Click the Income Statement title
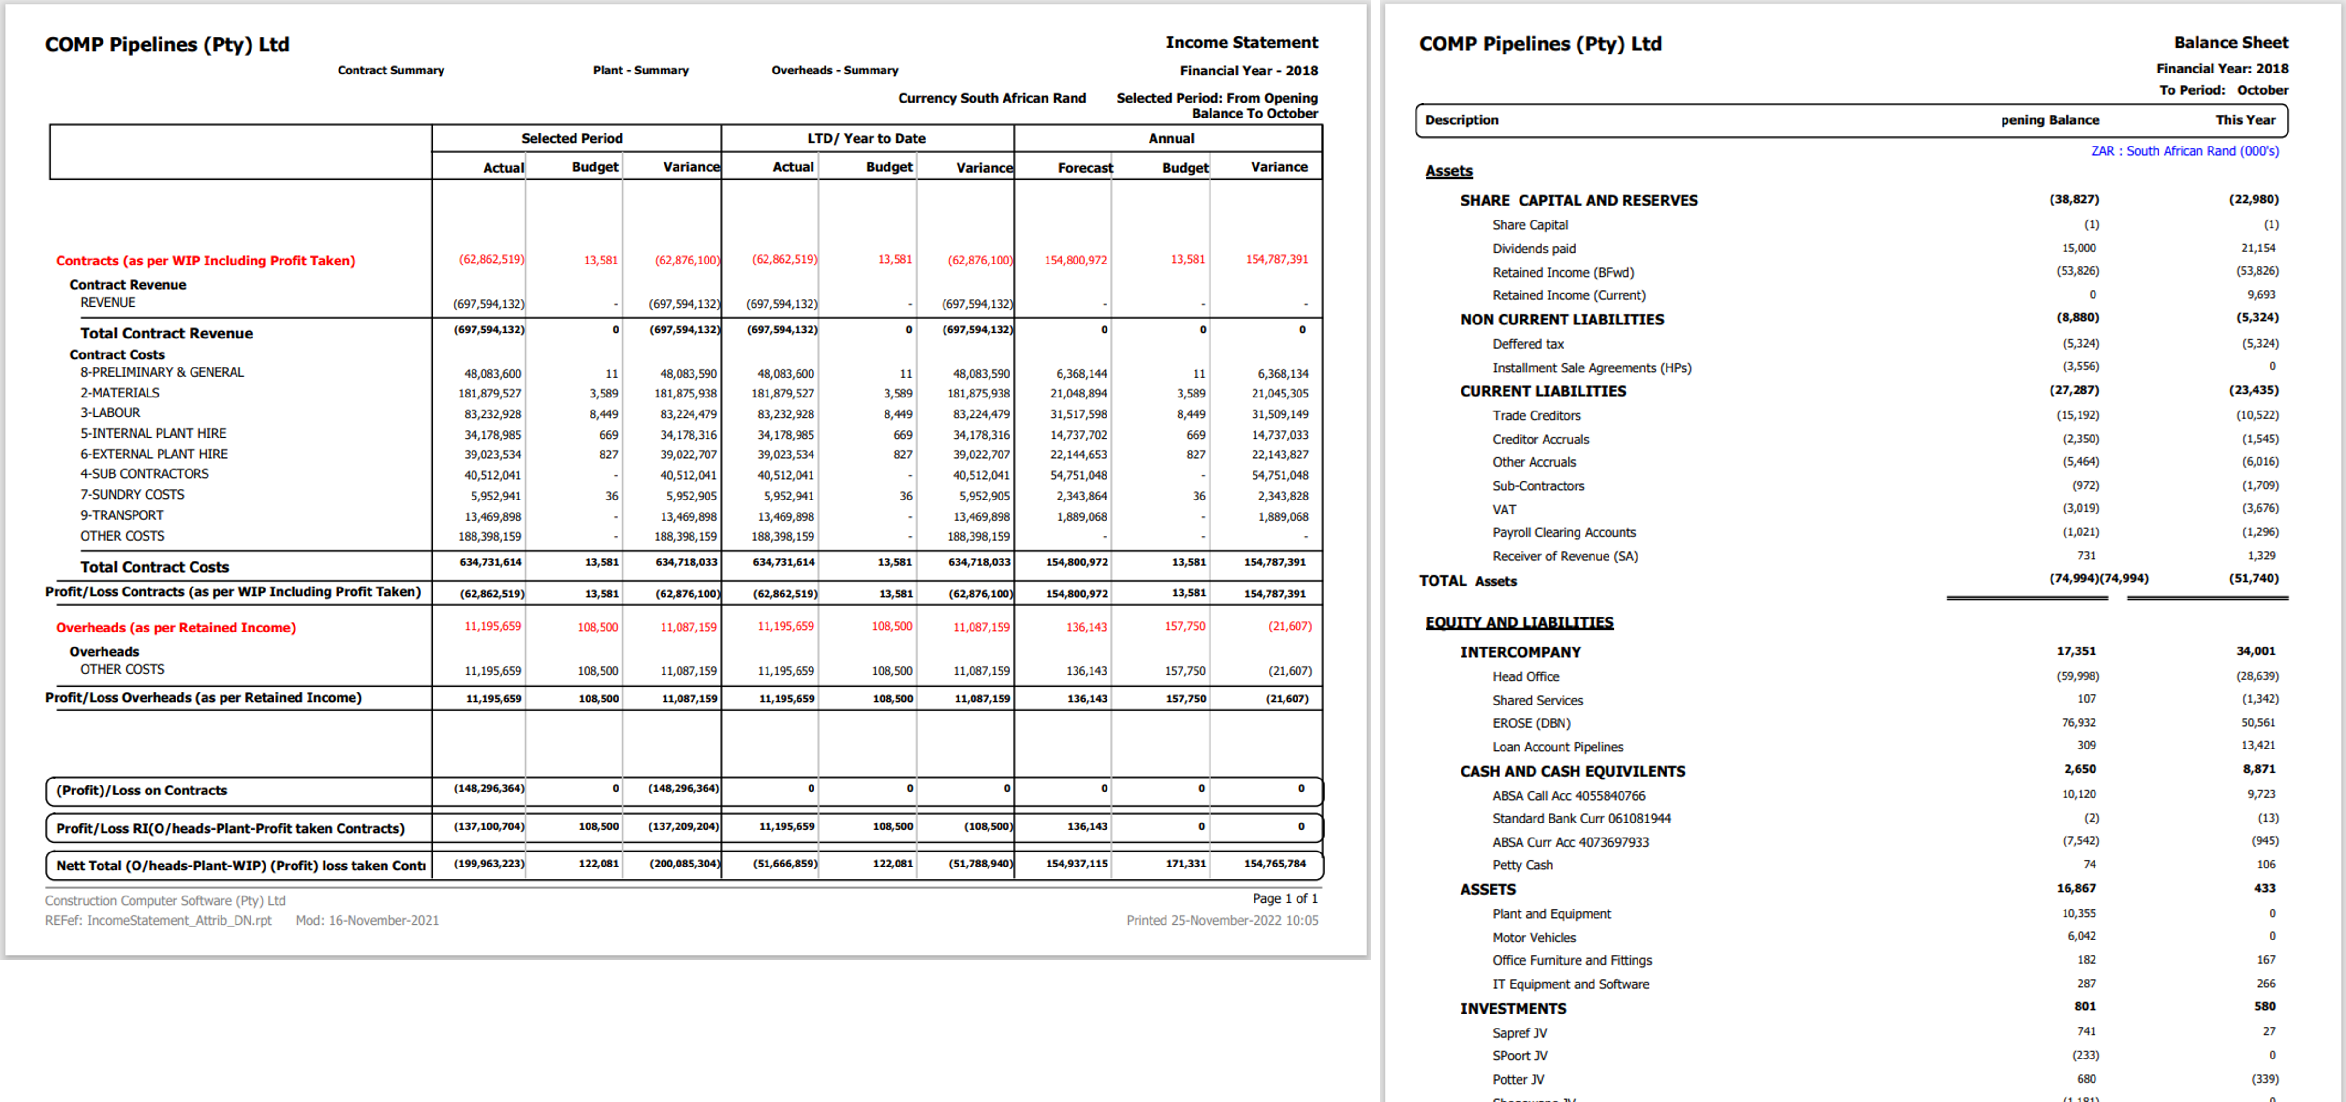tap(1241, 43)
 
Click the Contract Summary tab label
tap(391, 70)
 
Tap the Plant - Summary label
tap(640, 70)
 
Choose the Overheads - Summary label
tap(834, 70)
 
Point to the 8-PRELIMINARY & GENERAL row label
tap(162, 372)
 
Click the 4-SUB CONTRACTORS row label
tap(144, 473)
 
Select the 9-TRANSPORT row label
tap(122, 515)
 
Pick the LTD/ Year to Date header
tap(866, 138)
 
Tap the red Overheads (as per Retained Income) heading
tap(176, 628)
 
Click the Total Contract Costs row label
tap(155, 567)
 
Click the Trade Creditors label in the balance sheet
tap(1536, 415)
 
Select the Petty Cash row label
tap(1523, 865)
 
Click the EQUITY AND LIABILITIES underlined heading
tap(1519, 623)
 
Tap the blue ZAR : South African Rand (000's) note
tap(2184, 151)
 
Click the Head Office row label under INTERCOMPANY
tap(1525, 676)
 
